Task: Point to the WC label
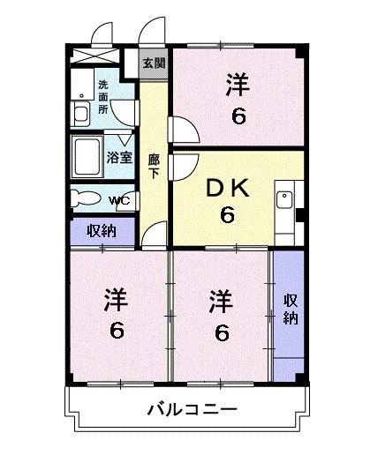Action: click(119, 199)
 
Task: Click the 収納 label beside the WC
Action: click(101, 232)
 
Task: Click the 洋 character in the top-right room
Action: click(237, 86)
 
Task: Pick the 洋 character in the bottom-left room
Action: click(115, 301)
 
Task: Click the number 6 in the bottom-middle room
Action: click(222, 332)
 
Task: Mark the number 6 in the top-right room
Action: click(237, 115)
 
